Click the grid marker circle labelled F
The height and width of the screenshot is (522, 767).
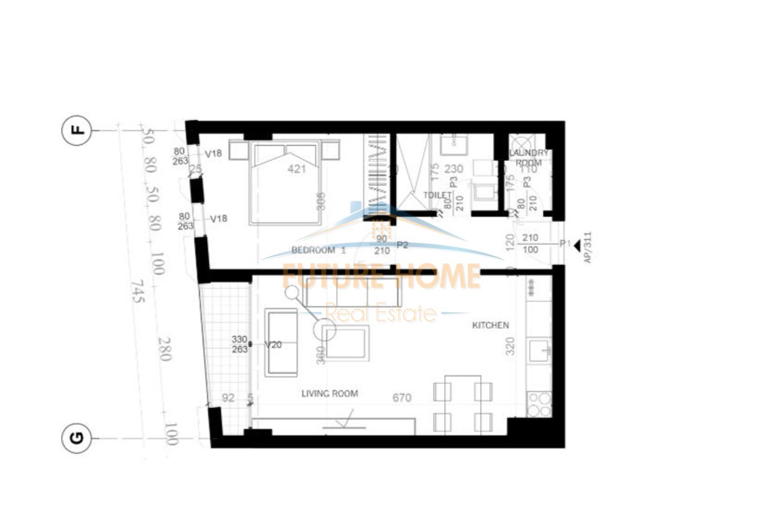click(77, 130)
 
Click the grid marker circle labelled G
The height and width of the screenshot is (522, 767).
click(77, 439)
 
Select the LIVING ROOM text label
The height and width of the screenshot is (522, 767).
click(330, 393)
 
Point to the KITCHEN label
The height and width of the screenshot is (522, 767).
click(491, 325)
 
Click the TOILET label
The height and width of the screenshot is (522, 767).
click(437, 195)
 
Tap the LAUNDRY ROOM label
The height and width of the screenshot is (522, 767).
click(529, 158)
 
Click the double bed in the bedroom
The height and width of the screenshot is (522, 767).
click(286, 181)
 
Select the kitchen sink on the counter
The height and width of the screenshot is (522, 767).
click(539, 350)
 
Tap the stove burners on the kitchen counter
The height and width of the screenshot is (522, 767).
click(539, 403)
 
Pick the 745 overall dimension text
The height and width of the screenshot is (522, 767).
click(138, 292)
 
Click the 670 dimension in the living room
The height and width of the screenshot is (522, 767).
click(401, 397)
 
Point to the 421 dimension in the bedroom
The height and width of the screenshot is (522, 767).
click(297, 169)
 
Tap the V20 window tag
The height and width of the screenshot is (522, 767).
click(273, 344)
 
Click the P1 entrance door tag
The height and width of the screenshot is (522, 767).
click(564, 243)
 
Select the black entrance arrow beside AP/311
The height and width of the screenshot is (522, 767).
click(576, 245)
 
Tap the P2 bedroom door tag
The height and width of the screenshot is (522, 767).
click(402, 245)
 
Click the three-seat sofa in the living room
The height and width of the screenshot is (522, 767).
click(352, 292)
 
